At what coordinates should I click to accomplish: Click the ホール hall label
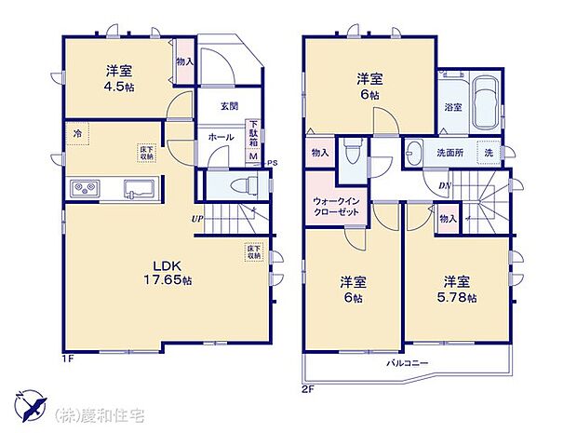click(x=221, y=137)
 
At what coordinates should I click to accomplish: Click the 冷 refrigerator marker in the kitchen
click(x=75, y=132)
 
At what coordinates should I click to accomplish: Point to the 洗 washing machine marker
click(x=489, y=151)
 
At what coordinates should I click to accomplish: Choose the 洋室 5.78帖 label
click(x=455, y=289)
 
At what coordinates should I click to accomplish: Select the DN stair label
click(x=446, y=185)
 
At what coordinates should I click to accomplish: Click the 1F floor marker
click(x=67, y=358)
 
